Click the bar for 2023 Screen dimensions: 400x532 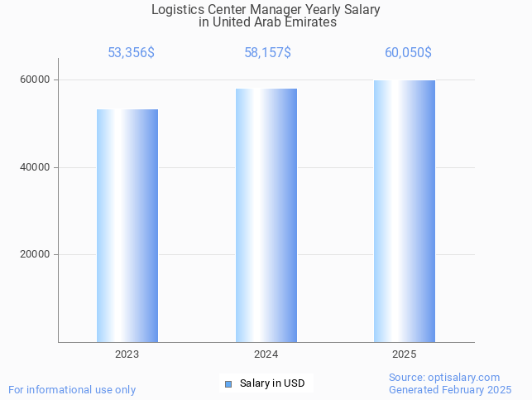(x=127, y=225)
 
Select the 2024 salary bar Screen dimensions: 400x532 (x=266, y=215)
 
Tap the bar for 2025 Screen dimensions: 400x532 (x=404, y=211)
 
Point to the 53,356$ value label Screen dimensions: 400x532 (x=131, y=53)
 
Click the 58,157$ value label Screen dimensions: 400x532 (x=267, y=53)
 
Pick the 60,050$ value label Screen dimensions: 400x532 (x=408, y=53)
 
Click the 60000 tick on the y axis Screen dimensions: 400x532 (x=35, y=80)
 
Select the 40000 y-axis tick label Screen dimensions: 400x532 (x=35, y=167)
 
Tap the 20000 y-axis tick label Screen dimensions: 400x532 (x=35, y=255)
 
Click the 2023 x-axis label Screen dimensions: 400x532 (x=127, y=354)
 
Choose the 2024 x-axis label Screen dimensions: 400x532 (x=266, y=354)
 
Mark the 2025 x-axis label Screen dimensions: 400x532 (x=404, y=354)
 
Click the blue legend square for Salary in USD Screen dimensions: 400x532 (x=228, y=383)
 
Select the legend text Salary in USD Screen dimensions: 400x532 (x=272, y=383)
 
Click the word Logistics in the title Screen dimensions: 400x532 (x=178, y=10)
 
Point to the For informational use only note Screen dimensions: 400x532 (x=72, y=389)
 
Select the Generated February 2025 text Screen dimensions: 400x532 (x=450, y=389)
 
